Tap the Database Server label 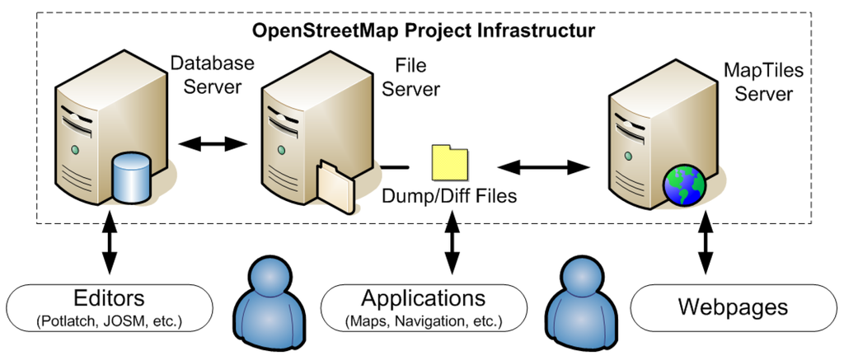212,75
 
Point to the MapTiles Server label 763,82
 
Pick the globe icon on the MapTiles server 683,185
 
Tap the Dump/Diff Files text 449,197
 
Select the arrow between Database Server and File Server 213,144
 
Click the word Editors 109,298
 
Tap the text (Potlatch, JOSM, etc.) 109,319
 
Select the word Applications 424,298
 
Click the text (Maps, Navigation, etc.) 424,320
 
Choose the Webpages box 733,308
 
